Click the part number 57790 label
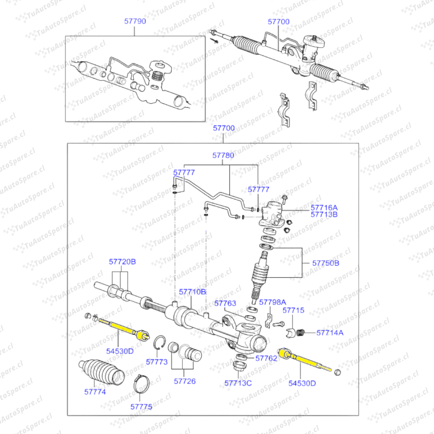[135, 21]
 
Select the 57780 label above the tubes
[223, 155]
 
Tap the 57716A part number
[324, 207]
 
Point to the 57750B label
[326, 264]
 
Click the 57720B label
[122, 262]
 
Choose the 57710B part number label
[192, 291]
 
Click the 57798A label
[272, 302]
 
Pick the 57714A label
[330, 332]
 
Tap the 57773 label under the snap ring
[157, 362]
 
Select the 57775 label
[141, 406]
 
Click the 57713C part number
[238, 383]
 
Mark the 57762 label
[266, 358]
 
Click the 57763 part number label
[225, 303]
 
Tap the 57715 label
[293, 310]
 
